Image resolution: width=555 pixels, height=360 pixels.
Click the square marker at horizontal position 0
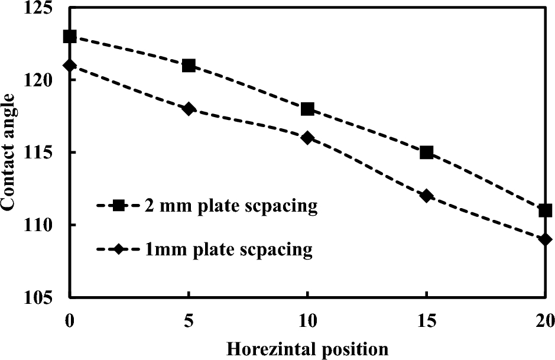[x=70, y=37]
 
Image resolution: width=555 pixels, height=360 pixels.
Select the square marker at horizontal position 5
[x=189, y=66]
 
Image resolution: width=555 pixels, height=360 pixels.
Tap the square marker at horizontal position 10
[x=307, y=109]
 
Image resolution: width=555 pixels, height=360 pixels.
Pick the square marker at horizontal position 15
[x=426, y=153]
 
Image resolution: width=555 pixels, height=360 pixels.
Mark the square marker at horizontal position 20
[x=545, y=210]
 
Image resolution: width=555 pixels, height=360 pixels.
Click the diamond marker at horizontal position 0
[x=70, y=65]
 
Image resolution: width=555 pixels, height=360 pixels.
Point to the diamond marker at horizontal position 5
[x=189, y=109]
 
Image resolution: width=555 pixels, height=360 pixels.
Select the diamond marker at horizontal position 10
[x=307, y=138]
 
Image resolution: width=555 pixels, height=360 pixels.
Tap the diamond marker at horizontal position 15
[x=426, y=196]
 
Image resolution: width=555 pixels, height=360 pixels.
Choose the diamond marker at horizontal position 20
[x=545, y=239]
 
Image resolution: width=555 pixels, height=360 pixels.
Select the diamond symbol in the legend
[x=118, y=249]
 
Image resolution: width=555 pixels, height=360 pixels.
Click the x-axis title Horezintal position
[x=307, y=349]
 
